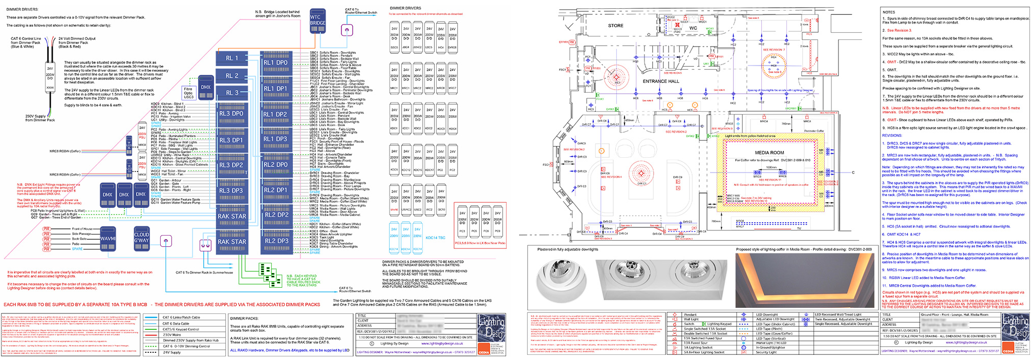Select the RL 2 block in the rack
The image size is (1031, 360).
point(232,76)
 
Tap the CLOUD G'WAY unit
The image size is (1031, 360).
point(142,238)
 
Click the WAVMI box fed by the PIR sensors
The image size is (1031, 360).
point(108,239)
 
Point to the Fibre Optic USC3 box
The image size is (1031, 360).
point(188,93)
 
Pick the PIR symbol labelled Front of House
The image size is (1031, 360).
point(47,229)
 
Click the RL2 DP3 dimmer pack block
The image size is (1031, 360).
point(276,241)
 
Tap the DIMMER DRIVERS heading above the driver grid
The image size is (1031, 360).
point(405,8)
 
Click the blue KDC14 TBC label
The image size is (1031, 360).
point(435,238)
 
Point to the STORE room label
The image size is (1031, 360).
point(615,26)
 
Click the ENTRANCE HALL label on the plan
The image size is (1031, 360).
point(661,81)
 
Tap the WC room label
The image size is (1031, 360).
point(693,29)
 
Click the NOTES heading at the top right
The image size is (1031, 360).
point(889,12)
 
